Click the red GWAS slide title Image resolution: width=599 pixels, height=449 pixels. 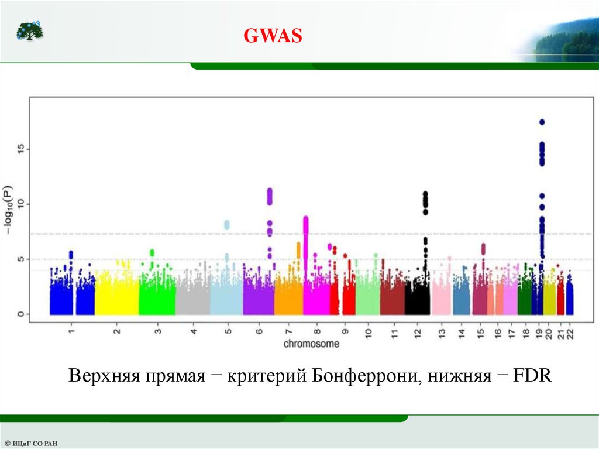coord(273,36)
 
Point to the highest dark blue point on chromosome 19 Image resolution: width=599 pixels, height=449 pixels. coord(542,122)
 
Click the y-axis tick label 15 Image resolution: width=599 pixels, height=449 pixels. coord(20,150)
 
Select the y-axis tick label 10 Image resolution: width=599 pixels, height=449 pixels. coord(20,204)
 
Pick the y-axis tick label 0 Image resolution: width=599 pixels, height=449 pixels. coord(20,314)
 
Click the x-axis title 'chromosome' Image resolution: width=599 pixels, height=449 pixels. coord(311,344)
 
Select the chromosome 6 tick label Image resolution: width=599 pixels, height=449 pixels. coord(259,332)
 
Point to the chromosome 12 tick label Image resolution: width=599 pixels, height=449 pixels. coord(417,334)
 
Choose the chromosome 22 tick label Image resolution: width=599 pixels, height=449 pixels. coord(569,334)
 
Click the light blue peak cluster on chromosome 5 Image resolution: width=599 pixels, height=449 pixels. coord(227,225)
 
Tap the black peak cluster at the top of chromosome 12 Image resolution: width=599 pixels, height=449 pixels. coord(425,202)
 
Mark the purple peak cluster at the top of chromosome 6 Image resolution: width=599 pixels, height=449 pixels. coord(270,196)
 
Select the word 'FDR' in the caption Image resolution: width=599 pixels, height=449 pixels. coord(532,375)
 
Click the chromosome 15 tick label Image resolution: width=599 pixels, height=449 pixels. coord(480,334)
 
